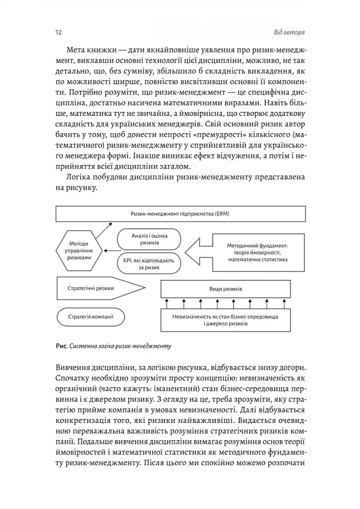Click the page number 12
[58, 33]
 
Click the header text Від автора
[288, 33]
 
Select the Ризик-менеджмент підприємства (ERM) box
[180, 215]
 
